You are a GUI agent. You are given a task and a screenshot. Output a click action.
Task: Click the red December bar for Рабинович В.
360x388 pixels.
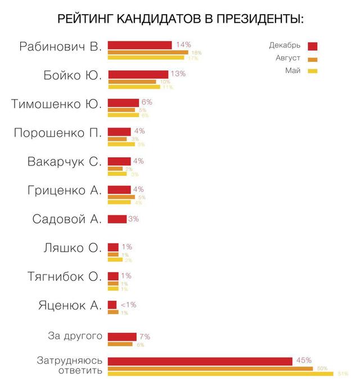[139, 45]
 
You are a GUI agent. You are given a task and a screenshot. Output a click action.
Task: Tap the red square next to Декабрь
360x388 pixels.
[313, 46]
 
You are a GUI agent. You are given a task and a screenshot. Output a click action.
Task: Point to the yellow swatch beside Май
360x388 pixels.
[313, 71]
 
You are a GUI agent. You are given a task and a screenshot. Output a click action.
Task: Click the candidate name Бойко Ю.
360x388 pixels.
[73, 75]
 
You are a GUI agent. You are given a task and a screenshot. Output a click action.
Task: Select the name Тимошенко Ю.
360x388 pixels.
[57, 104]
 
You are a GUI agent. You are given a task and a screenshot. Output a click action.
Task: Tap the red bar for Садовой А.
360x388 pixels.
[117, 219]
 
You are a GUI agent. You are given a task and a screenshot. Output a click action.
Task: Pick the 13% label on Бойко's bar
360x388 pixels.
[178, 74]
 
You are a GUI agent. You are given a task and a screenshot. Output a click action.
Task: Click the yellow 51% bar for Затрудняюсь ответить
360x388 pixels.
[220, 374]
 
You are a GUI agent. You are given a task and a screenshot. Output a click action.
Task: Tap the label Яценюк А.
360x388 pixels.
[70, 306]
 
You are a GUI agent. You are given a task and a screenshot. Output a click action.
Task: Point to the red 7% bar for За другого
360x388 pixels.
[122, 337]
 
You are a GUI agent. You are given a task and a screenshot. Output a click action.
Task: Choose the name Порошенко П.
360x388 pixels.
[57, 133]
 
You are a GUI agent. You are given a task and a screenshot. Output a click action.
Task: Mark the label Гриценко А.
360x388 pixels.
[64, 190]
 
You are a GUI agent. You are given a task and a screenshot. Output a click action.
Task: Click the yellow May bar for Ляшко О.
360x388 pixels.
[115, 260]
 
